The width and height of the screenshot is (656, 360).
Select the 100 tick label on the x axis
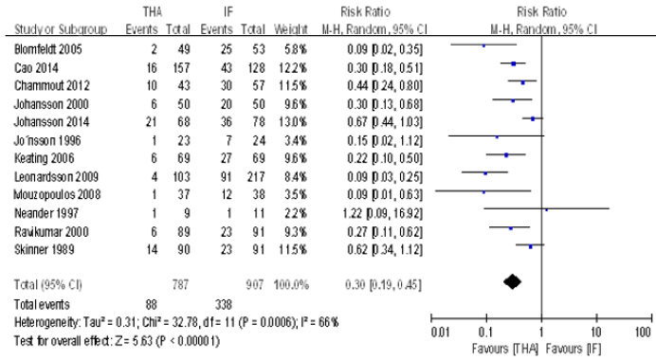tap(641, 333)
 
